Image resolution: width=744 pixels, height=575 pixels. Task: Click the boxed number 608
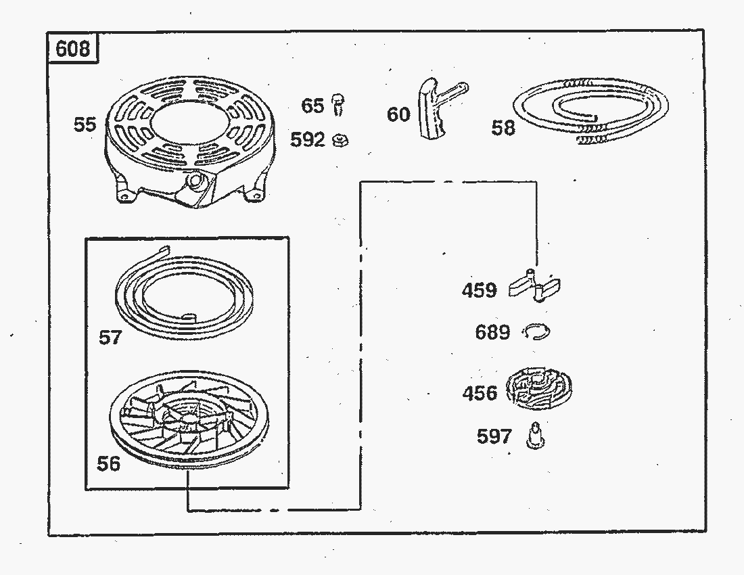72,49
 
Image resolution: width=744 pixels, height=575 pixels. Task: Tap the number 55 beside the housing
85,124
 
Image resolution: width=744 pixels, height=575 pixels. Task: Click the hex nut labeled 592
341,141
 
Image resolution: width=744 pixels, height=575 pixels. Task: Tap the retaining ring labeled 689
536,332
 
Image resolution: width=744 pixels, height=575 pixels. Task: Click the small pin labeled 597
535,436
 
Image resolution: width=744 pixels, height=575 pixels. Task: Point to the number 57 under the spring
110,338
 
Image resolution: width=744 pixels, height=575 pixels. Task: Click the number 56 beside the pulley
109,463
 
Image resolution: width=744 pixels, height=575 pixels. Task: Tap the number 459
480,290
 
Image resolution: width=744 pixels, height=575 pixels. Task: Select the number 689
492,332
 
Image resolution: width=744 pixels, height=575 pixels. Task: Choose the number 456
480,393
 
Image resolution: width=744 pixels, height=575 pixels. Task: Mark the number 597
494,436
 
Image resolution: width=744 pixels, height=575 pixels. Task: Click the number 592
308,140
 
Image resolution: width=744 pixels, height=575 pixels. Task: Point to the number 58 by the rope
503,128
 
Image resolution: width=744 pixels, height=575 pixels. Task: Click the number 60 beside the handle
398,114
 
